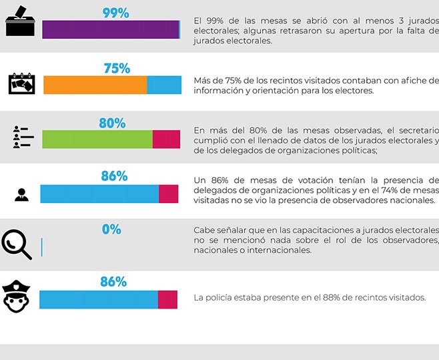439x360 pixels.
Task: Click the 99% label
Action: pyautogui.click(x=115, y=13)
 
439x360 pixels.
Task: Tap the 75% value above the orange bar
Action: pyautogui.click(x=117, y=68)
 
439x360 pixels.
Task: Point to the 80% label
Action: pyautogui.click(x=112, y=123)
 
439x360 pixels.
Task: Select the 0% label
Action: pyautogui.click(x=111, y=229)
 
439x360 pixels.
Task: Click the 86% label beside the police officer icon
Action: pyautogui.click(x=113, y=282)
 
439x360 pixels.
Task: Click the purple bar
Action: pyautogui.click(x=110, y=30)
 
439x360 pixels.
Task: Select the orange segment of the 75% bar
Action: pyautogui.click(x=95, y=85)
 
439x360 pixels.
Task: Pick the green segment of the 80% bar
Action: pyautogui.click(x=97, y=139)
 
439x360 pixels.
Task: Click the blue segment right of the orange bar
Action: pyautogui.click(x=164, y=85)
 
